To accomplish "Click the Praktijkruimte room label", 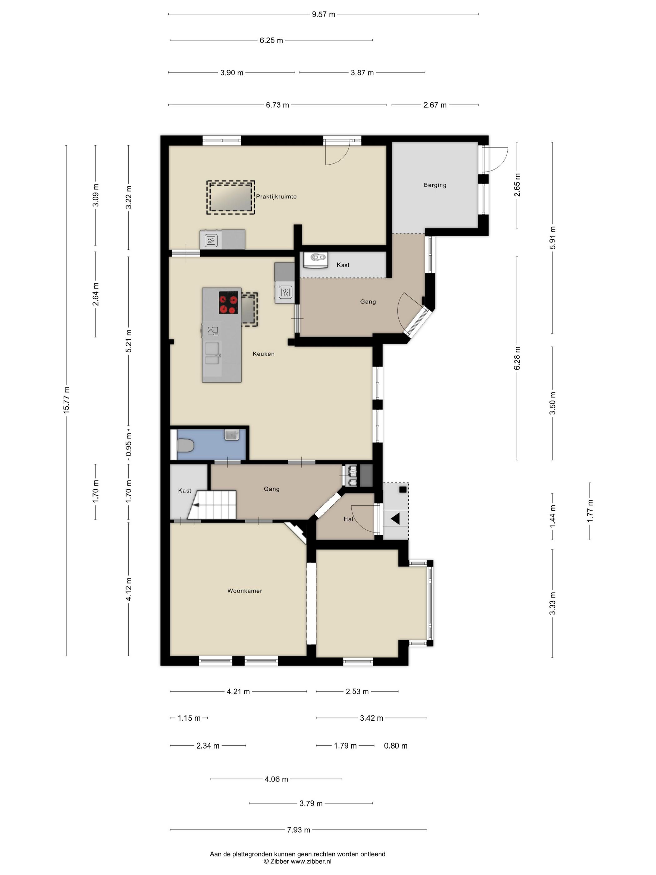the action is click(x=276, y=197).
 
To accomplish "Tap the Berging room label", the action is click(x=435, y=185).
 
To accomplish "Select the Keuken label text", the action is click(x=263, y=354).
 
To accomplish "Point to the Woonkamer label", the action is click(x=245, y=591).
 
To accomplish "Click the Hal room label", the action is click(x=348, y=519).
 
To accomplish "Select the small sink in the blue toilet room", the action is click(x=232, y=435).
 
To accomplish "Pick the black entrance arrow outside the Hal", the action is click(x=395, y=518).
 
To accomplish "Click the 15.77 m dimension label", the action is click(x=67, y=401).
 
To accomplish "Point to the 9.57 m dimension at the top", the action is click(x=323, y=15).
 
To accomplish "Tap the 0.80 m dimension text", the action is click(x=395, y=746).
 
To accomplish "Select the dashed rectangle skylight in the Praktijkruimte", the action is click(x=231, y=198).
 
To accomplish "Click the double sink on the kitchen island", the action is click(x=212, y=353).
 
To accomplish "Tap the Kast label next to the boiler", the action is click(x=343, y=265).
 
